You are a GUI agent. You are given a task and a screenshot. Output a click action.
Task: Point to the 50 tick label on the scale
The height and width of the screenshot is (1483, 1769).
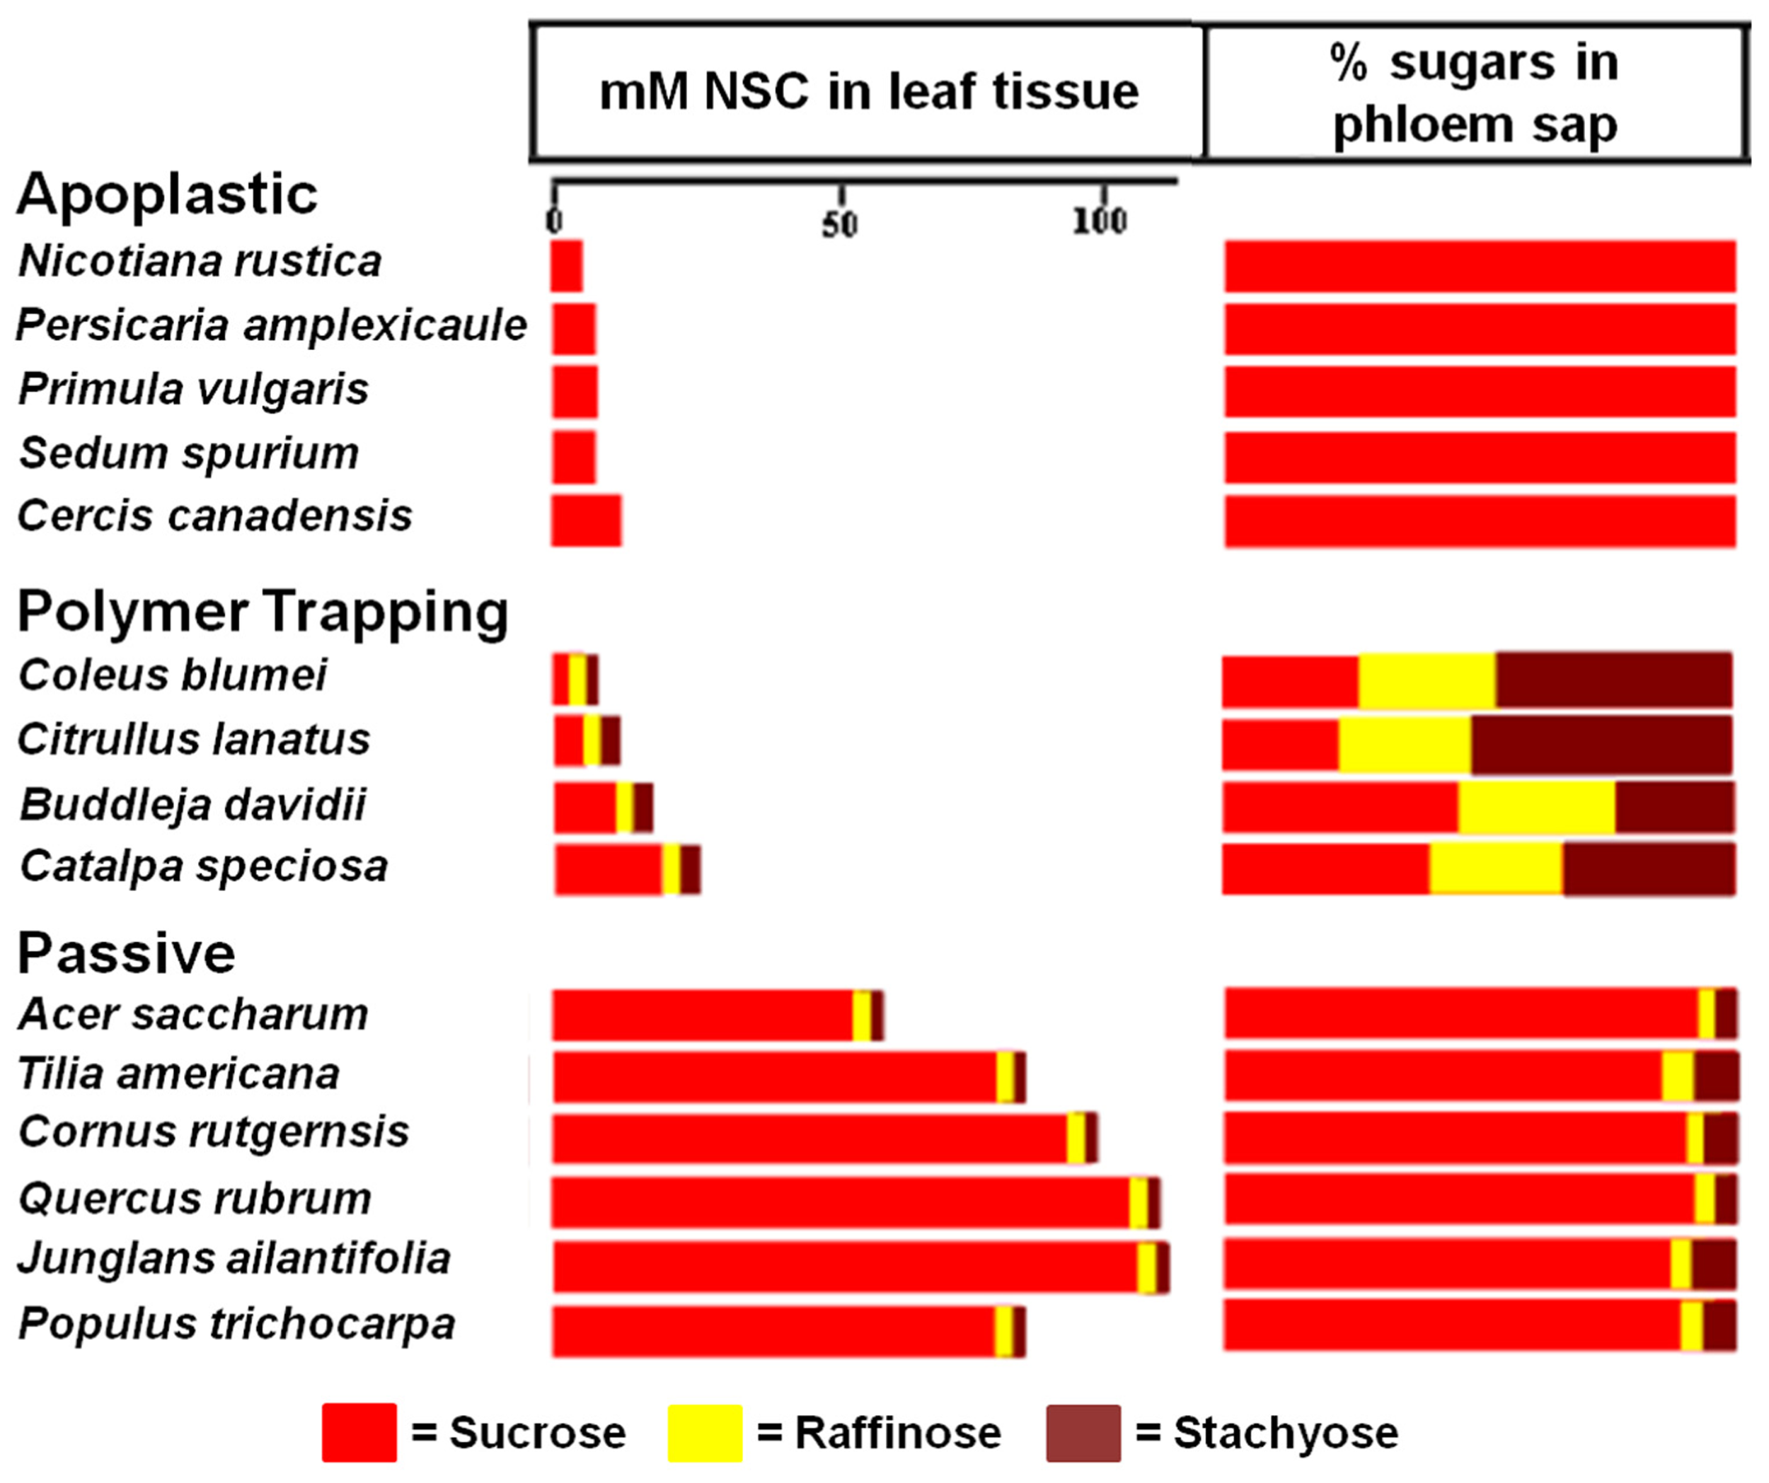839,224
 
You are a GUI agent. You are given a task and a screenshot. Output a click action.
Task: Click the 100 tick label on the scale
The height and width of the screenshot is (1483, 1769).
1100,221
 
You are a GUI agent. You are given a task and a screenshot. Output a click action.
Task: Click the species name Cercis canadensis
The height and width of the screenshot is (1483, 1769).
215,516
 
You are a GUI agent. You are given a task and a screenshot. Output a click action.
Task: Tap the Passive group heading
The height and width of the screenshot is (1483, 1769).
127,953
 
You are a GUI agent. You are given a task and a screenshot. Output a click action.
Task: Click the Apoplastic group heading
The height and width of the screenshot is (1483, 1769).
167,194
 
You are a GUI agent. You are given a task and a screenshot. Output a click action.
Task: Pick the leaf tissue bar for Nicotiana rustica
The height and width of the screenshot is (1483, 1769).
566,266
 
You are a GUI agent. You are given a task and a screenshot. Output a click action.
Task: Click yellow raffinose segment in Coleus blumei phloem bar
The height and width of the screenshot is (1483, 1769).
1427,680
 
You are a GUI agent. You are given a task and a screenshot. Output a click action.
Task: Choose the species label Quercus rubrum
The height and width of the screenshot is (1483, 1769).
195,1197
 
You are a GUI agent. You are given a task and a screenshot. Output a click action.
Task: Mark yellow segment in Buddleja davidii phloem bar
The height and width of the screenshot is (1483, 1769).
1536,808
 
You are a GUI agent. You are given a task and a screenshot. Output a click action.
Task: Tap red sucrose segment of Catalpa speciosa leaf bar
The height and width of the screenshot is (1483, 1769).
609,869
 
